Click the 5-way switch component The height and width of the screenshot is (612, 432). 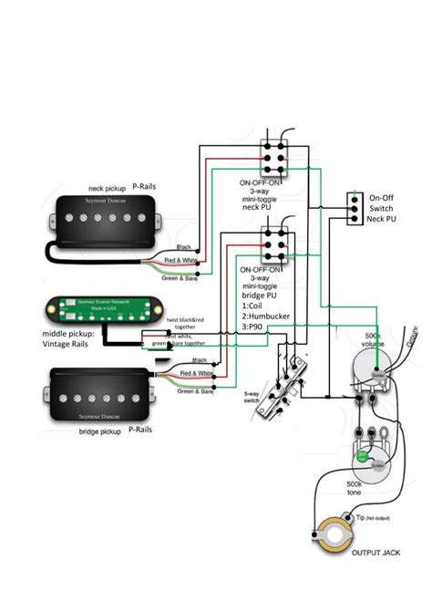pos(290,373)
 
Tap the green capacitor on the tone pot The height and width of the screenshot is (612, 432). pos(363,453)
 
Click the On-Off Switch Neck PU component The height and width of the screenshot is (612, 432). pos(353,209)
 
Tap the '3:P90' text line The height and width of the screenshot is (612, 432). pos(255,331)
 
